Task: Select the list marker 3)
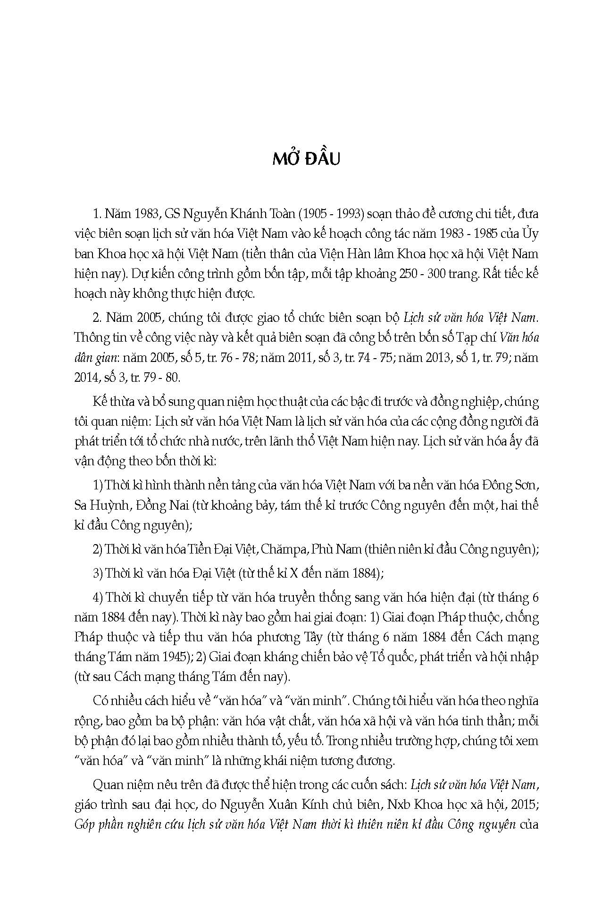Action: (98, 573)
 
